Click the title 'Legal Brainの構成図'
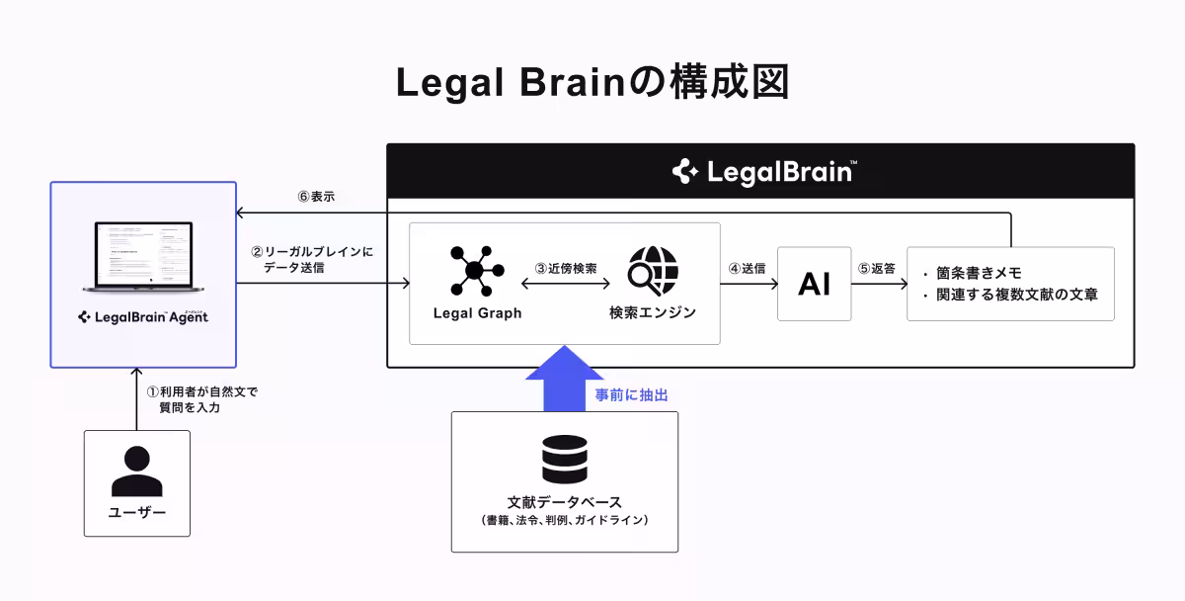point(592,83)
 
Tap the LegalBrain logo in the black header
point(760,171)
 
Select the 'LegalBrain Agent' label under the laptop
point(143,317)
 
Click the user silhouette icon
point(136,471)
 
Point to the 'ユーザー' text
point(136,512)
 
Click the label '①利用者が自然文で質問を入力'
point(201,399)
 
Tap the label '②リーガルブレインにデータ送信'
point(312,259)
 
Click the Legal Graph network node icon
point(475,268)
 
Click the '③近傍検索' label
point(565,268)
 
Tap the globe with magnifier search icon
point(653,268)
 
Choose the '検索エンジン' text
point(653,313)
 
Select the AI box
point(814,284)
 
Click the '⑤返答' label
point(876,268)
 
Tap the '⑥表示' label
point(316,197)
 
